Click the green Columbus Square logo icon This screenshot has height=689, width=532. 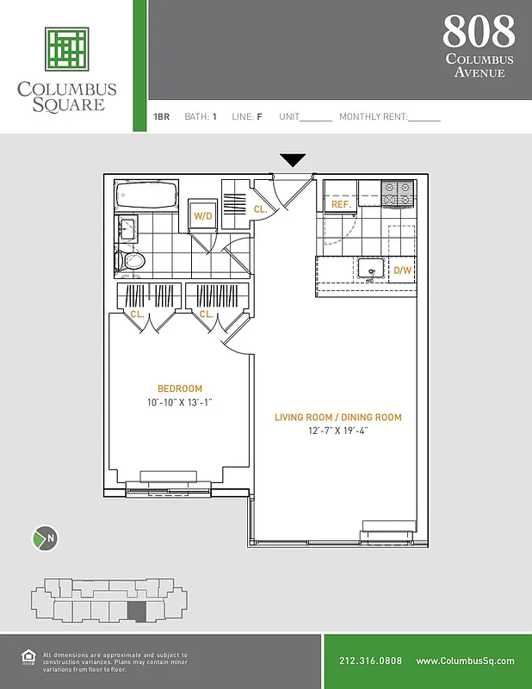pyautogui.click(x=67, y=48)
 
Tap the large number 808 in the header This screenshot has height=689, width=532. pyautogui.click(x=479, y=32)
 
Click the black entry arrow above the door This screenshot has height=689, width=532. pyautogui.click(x=294, y=160)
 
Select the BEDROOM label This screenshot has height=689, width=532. pyautogui.click(x=180, y=388)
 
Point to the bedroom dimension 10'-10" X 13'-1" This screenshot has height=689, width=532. pyautogui.click(x=180, y=403)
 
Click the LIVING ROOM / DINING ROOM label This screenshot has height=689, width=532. pyautogui.click(x=337, y=418)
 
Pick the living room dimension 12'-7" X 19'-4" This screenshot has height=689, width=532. pyautogui.click(x=338, y=431)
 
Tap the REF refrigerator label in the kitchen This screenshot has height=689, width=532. pyautogui.click(x=340, y=205)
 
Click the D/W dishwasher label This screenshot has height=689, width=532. pyautogui.click(x=402, y=270)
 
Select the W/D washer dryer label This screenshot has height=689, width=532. pyautogui.click(x=203, y=215)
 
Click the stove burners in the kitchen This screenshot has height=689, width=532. pyautogui.click(x=399, y=193)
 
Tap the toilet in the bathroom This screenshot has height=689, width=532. pyautogui.click(x=131, y=259)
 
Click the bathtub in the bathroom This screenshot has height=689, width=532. pyautogui.click(x=146, y=196)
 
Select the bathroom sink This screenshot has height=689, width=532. pyautogui.click(x=127, y=228)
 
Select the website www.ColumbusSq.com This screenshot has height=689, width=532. pyautogui.click(x=465, y=661)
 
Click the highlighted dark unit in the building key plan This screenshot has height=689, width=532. pyautogui.click(x=138, y=612)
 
